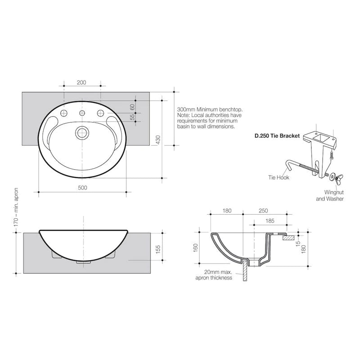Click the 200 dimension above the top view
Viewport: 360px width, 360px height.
click(81, 82)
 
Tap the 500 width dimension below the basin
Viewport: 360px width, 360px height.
click(82, 188)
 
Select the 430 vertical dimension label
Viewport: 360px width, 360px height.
click(158, 140)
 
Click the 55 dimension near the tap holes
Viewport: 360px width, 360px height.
click(132, 117)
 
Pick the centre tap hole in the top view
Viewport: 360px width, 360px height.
click(82, 112)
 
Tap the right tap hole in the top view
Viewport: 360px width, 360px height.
click(101, 112)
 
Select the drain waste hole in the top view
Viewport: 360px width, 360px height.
click(82, 132)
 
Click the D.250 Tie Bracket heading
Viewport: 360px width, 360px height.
click(277, 135)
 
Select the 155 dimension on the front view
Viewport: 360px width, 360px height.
click(158, 250)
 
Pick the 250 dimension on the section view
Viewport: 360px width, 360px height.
click(264, 211)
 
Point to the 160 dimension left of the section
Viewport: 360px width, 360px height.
click(196, 247)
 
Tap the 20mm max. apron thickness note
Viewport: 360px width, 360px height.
click(217, 275)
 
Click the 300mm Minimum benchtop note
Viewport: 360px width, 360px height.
click(210, 118)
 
